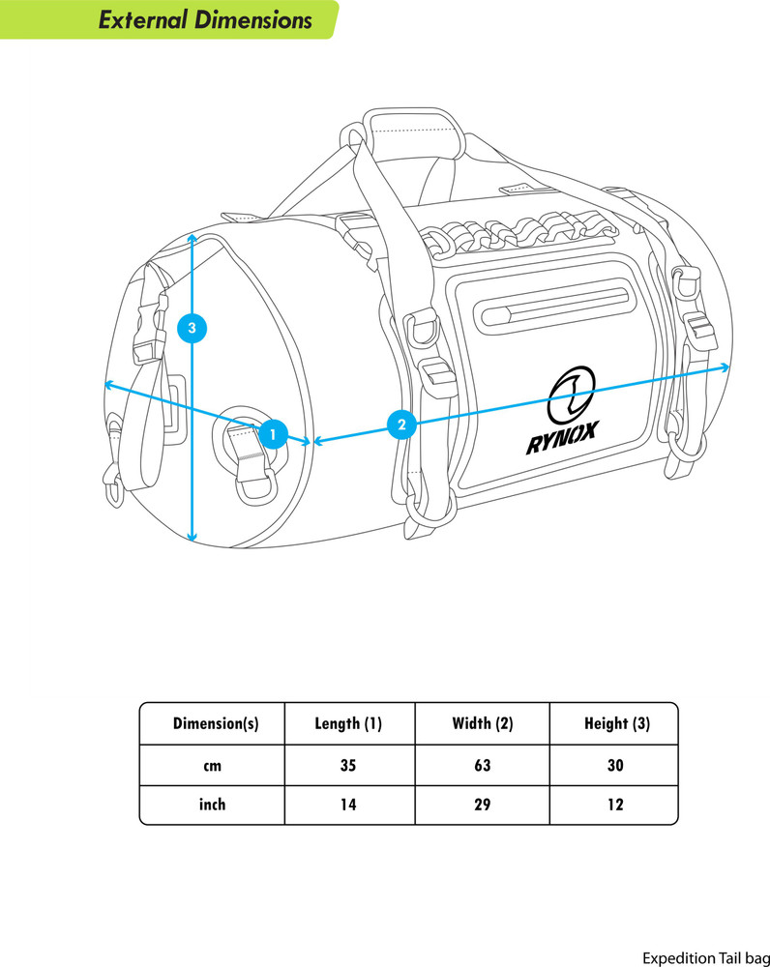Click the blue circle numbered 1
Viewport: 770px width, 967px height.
pos(273,434)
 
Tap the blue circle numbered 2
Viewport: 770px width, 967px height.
pos(402,425)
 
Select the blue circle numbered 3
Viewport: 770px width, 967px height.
pos(192,328)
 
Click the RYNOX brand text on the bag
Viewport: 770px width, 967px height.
pos(562,438)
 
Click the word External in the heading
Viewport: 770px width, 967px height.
pos(142,19)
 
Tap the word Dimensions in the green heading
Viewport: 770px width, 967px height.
pos(253,19)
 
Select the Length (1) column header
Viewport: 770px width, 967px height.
pos(348,723)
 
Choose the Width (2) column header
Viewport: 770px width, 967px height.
pos(483,723)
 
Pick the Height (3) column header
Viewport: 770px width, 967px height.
pos(617,723)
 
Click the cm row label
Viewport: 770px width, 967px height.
pos(212,766)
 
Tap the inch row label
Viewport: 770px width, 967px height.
pos(212,805)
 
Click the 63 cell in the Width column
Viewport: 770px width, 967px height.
pos(483,765)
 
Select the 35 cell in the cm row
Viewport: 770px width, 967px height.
pos(348,765)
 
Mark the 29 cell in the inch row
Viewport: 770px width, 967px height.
pos(483,805)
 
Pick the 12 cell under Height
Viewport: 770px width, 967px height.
pos(616,805)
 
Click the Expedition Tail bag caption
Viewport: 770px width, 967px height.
pos(706,957)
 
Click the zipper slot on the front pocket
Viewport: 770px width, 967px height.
pos(553,306)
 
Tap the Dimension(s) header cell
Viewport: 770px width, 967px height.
pos(216,723)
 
